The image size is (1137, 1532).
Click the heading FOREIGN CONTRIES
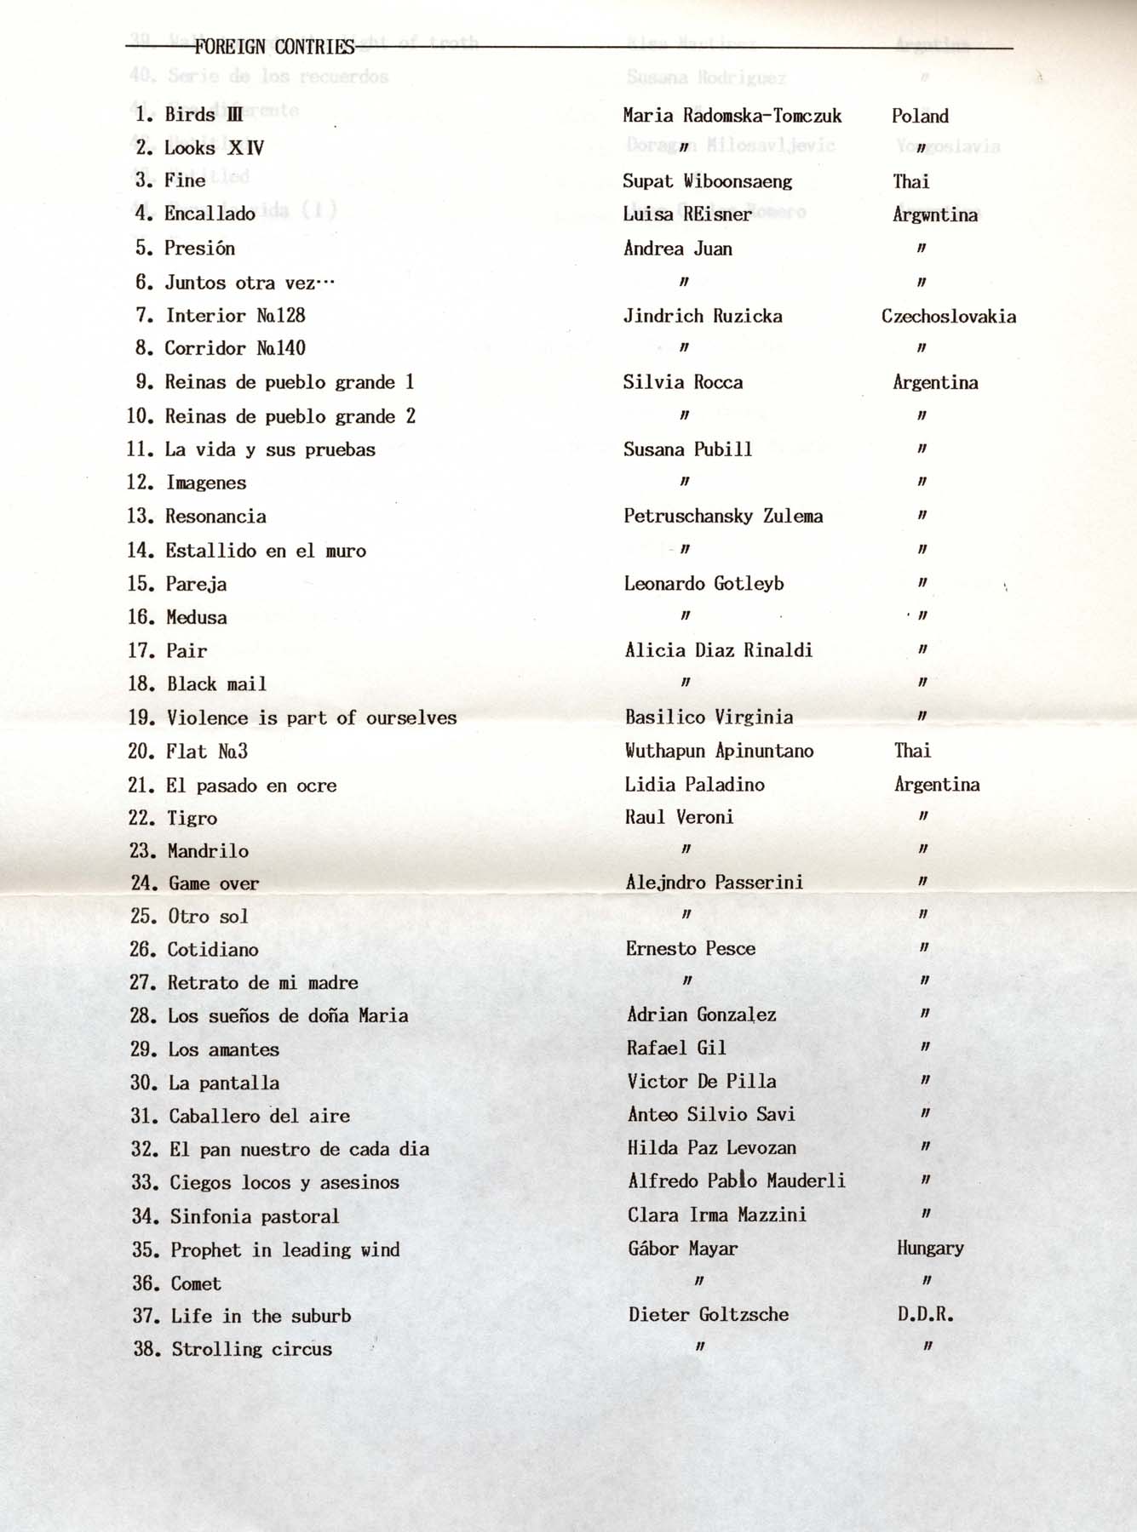tap(273, 47)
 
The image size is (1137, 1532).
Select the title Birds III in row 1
tap(204, 115)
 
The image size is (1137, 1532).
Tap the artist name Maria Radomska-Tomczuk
tap(732, 116)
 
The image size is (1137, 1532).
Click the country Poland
tap(920, 116)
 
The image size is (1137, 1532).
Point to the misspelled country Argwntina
tap(934, 214)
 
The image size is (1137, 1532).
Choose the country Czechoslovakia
tap(948, 317)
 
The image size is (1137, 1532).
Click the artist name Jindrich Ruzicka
tap(703, 317)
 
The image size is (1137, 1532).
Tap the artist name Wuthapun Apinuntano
tap(719, 751)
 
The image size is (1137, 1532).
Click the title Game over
tap(214, 883)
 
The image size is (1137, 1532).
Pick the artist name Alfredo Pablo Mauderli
tap(736, 1180)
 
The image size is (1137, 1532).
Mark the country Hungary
tap(930, 1248)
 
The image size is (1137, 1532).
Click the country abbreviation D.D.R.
tap(925, 1314)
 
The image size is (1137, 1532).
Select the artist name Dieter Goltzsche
tap(709, 1314)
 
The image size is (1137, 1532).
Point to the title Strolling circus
tap(252, 1349)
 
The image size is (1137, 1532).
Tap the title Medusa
tap(197, 618)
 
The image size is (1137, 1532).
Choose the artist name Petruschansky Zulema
tap(723, 517)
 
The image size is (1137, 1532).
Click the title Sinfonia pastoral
tap(255, 1216)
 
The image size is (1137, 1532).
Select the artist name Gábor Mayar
tap(682, 1249)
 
